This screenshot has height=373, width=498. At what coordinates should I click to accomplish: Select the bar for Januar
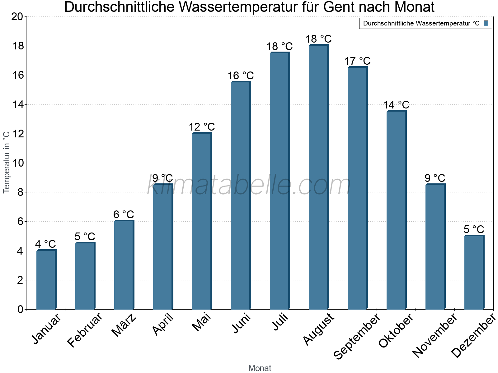pyautogui.click(x=46, y=280)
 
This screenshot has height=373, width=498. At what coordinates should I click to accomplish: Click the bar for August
pyautogui.click(x=318, y=177)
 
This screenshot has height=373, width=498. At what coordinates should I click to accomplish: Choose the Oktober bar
pyautogui.click(x=396, y=210)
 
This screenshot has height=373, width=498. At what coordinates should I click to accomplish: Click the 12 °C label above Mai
pyautogui.click(x=202, y=127)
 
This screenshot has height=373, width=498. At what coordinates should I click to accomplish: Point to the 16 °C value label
pyautogui.click(x=241, y=76)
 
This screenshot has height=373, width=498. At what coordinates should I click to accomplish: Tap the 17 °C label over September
pyautogui.click(x=357, y=61)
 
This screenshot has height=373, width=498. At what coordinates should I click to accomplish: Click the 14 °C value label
pyautogui.click(x=396, y=105)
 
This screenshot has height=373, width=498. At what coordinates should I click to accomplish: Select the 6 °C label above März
pyautogui.click(x=124, y=214)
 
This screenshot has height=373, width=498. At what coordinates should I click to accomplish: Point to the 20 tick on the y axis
pyautogui.click(x=17, y=17)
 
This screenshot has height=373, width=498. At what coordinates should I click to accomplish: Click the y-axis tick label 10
pyautogui.click(x=17, y=163)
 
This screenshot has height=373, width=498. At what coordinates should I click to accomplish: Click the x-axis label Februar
pyautogui.click(x=85, y=329)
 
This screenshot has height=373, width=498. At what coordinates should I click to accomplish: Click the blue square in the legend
pyautogui.click(x=486, y=23)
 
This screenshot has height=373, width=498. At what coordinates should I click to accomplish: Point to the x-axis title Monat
pyautogui.click(x=260, y=368)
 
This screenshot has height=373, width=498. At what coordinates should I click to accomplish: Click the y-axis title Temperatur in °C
pyautogui.click(x=7, y=162)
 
